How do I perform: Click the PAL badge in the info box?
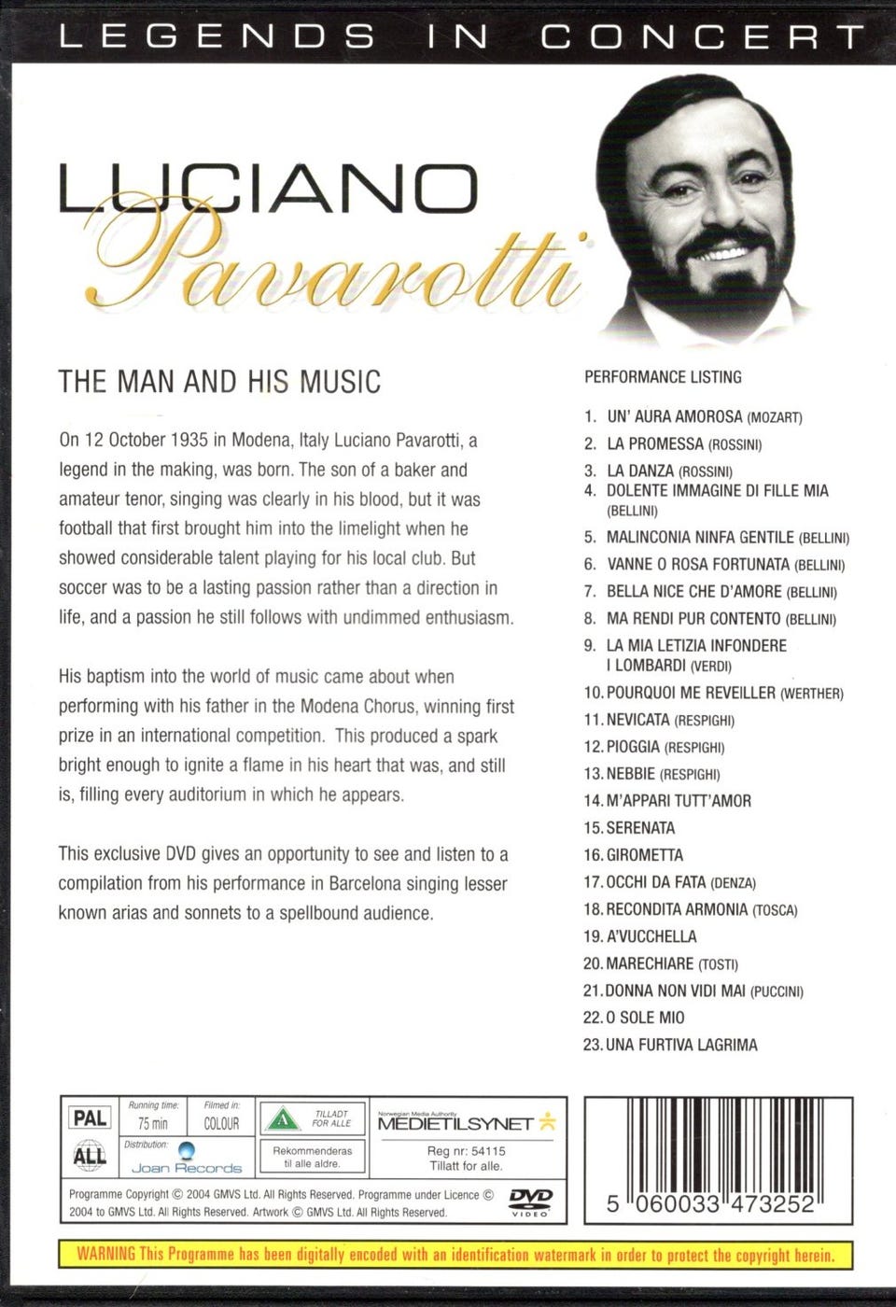tap(90, 1117)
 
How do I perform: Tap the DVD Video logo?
tap(530, 1202)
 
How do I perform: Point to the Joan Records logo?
tap(187, 1161)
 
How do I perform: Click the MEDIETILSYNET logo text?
tap(455, 1124)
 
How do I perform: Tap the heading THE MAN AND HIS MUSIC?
tap(219, 381)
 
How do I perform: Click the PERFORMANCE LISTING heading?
tap(663, 377)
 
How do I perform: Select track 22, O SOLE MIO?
tap(644, 1018)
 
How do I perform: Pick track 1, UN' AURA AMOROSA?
tap(674, 416)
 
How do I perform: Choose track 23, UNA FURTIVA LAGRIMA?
tap(680, 1045)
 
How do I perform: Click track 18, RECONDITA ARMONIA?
tap(677, 909)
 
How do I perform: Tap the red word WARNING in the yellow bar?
tap(105, 1254)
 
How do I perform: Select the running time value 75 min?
tap(153, 1124)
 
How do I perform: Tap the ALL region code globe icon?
tap(90, 1156)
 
